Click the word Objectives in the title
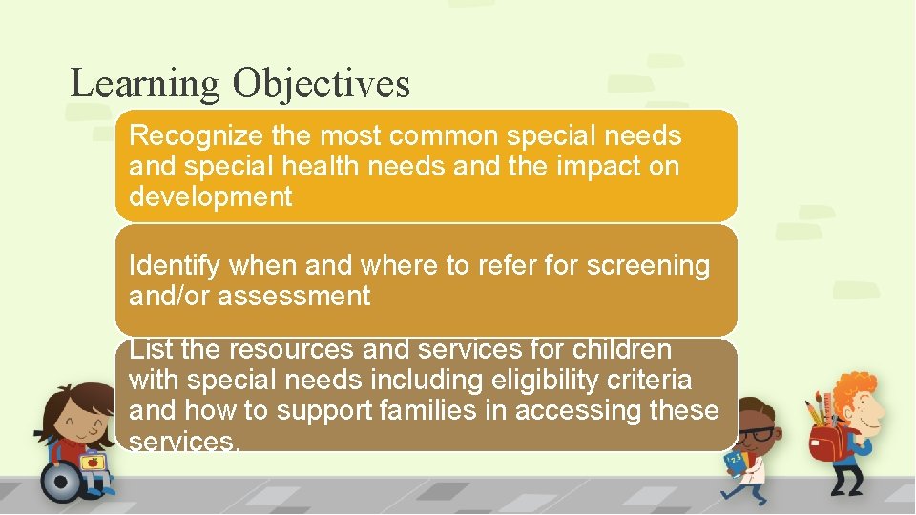click(321, 84)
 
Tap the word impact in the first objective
click(595, 167)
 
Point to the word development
click(210, 197)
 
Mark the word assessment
click(294, 297)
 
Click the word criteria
click(657, 381)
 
